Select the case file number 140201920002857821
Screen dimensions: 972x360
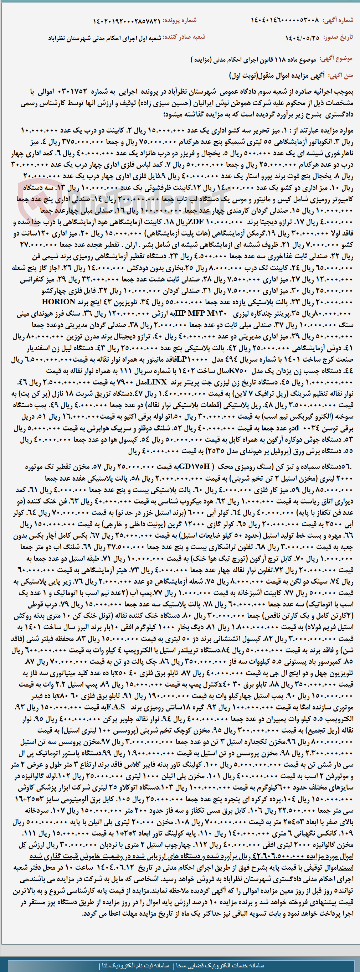(x=127, y=20)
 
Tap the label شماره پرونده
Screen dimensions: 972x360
(x=180, y=20)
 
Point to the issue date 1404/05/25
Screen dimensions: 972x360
(x=302, y=38)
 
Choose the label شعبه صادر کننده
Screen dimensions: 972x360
(x=184, y=37)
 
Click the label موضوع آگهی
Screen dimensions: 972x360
(x=336, y=59)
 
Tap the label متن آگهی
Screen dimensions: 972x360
(x=341, y=76)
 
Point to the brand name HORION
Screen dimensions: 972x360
(x=58, y=301)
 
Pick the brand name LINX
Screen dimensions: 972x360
(x=156, y=382)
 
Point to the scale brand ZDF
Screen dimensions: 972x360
(x=194, y=221)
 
